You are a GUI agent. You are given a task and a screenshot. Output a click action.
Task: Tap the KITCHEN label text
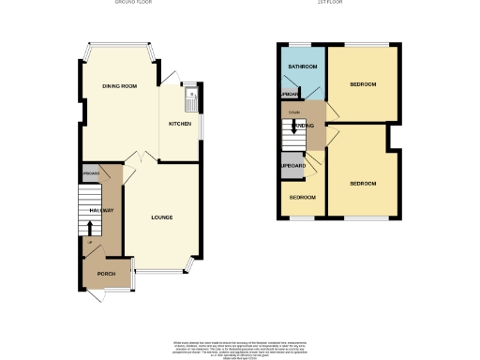180,123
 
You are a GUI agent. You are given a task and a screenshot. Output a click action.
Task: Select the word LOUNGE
162,217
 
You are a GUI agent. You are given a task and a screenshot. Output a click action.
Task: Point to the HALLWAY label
102,210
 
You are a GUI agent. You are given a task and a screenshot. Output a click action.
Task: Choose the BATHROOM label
302,67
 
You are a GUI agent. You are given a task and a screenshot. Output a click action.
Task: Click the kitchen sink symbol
190,94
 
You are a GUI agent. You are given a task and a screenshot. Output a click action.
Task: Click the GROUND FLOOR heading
133,4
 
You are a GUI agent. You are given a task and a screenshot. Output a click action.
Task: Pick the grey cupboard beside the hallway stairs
90,174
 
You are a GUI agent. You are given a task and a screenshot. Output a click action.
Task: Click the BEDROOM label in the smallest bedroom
302,198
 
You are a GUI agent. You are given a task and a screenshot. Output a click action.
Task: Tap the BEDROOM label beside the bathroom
363,84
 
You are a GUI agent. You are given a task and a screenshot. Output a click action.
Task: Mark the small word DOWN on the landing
294,113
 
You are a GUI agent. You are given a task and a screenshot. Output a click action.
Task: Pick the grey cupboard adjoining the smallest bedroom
293,166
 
